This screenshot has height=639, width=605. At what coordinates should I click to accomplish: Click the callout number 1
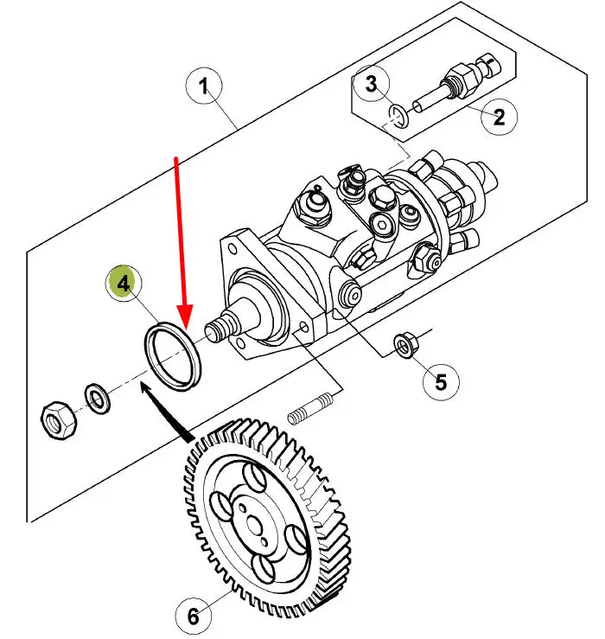coord(204,86)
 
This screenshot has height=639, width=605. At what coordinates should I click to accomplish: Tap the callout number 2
coord(499,117)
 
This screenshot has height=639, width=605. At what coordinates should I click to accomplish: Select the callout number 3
coord(371,83)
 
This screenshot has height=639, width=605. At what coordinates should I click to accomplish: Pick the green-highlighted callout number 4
coord(123,283)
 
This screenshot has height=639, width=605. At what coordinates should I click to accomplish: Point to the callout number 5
coord(442,382)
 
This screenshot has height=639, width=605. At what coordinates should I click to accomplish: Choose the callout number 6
coord(194,616)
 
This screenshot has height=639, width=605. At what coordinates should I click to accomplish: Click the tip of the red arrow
coord(185,329)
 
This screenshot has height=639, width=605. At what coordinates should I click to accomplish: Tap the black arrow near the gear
coord(166,412)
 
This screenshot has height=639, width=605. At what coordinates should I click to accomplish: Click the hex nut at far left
coord(59,419)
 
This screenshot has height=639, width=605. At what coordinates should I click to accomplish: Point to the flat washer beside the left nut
coord(97,398)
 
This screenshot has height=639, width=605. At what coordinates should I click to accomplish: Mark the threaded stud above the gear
coord(310,408)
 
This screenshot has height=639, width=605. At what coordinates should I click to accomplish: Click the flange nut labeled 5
coord(404,346)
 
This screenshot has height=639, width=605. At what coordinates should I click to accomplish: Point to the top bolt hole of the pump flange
coord(232,248)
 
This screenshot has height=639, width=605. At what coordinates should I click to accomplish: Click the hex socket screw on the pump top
coord(380,223)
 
